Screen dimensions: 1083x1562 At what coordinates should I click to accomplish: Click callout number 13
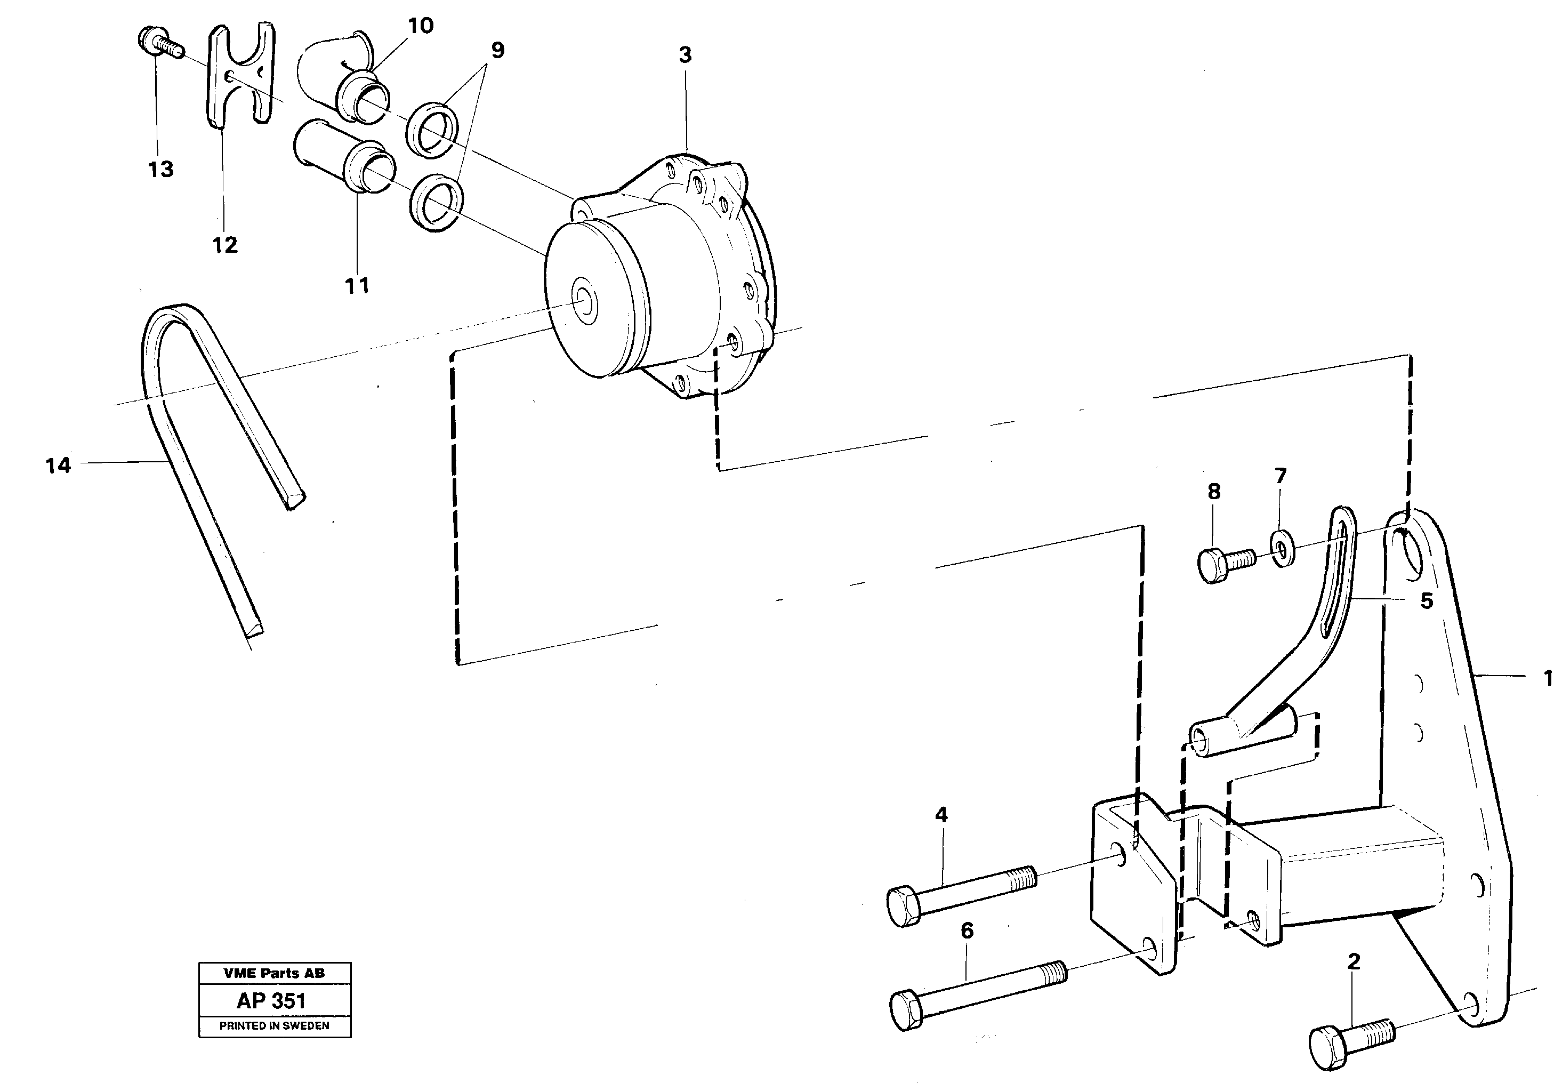[x=161, y=169]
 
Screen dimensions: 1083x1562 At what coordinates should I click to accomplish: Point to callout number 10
[x=420, y=26]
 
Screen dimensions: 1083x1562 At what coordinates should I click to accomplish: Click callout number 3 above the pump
[x=685, y=54]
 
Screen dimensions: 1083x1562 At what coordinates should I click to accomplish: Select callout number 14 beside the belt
[x=58, y=466]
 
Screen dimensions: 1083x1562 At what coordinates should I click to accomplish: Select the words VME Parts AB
[x=274, y=973]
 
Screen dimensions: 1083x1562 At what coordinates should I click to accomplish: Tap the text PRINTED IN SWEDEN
[x=274, y=1026]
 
